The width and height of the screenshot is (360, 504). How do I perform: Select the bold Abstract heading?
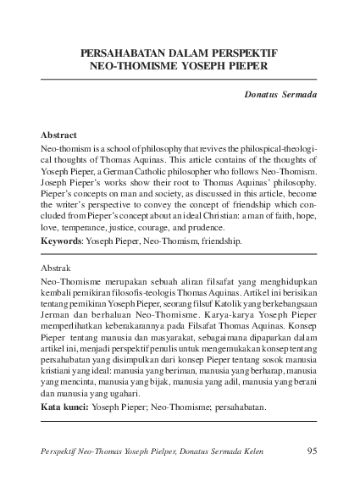(x=58, y=135)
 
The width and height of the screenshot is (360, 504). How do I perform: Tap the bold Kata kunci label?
(x=64, y=407)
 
